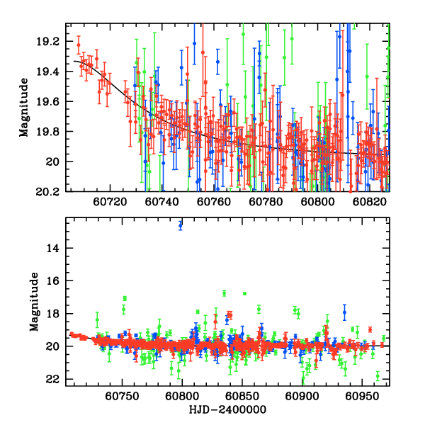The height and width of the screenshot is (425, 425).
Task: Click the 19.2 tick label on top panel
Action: coord(52,42)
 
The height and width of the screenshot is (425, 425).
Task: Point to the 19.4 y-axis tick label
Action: coord(52,72)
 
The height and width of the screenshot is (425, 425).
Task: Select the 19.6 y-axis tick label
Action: coord(52,102)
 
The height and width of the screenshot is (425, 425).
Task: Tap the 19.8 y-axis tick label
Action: coord(52,132)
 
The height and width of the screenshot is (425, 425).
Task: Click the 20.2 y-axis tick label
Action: coord(52,191)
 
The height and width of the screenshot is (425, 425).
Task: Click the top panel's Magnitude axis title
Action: coord(24,108)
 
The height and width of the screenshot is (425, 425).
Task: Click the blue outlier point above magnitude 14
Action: coord(181,225)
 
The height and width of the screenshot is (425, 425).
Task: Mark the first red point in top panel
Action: coord(79,45)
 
